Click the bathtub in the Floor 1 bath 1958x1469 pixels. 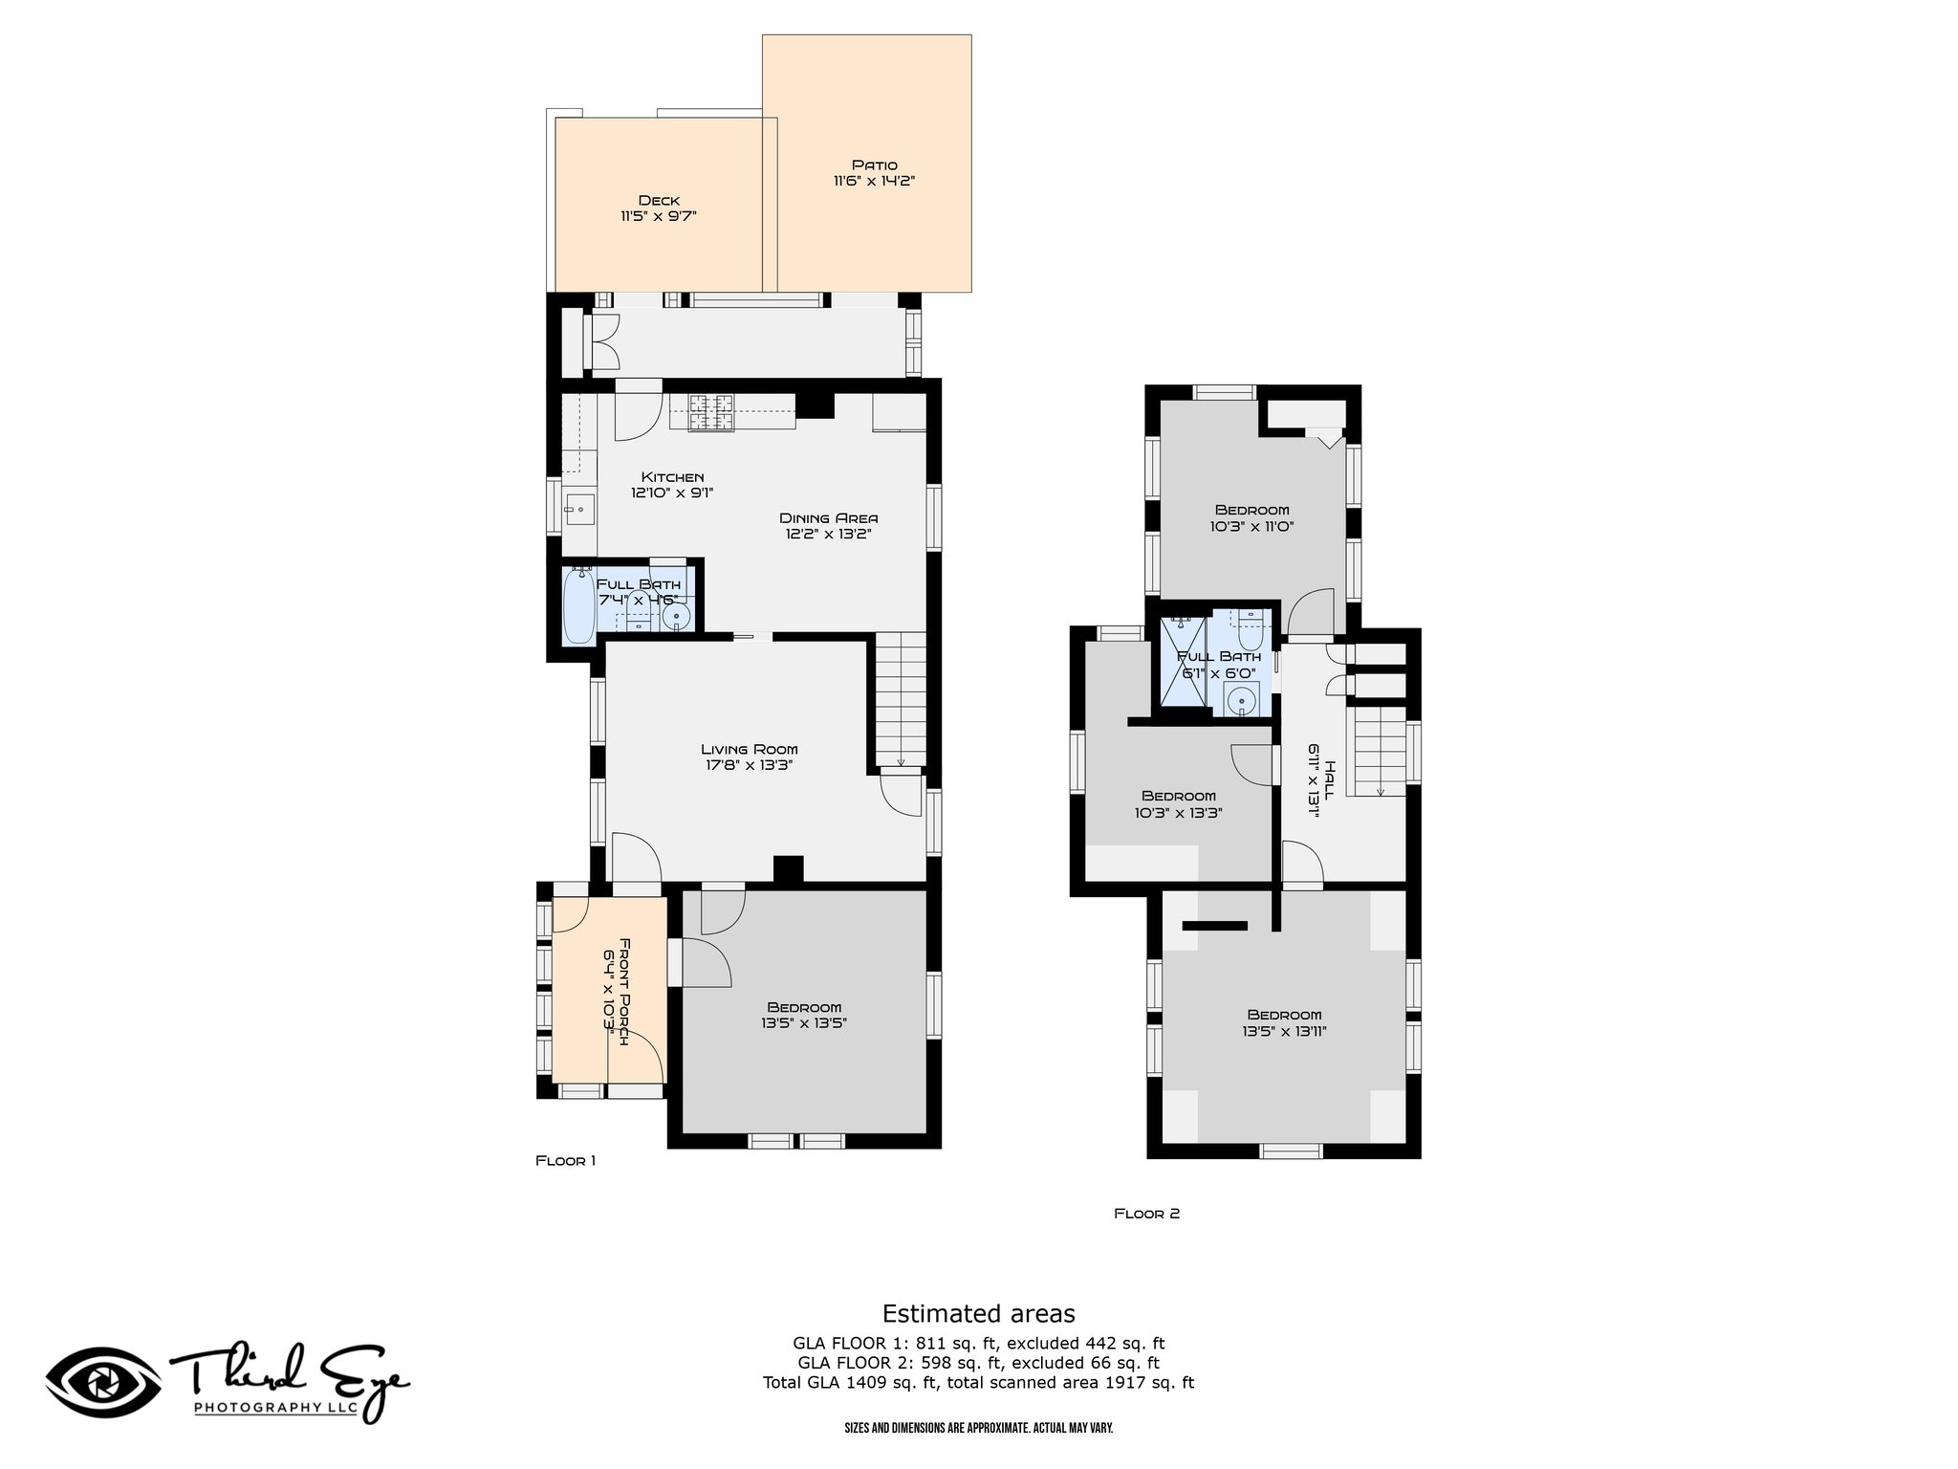tap(579, 606)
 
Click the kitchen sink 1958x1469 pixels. tap(579, 509)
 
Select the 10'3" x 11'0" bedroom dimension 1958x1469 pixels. tap(1251, 526)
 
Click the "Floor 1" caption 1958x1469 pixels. tap(565, 1161)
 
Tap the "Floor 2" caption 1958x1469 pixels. tap(1147, 1214)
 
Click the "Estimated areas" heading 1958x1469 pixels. tap(978, 1313)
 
